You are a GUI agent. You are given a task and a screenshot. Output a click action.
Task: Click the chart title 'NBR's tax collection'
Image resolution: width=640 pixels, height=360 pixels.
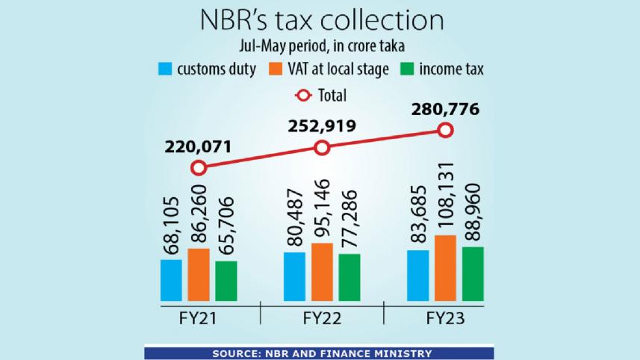point(320,19)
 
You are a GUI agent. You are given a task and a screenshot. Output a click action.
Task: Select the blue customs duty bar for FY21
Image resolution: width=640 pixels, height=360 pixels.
point(171,281)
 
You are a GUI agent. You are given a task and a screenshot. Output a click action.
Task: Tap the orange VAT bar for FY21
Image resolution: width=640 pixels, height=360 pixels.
point(199,276)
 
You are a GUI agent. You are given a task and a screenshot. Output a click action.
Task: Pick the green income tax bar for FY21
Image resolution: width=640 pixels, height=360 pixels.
point(226,282)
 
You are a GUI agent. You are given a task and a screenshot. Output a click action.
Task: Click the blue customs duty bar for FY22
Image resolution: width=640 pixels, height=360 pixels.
point(294,277)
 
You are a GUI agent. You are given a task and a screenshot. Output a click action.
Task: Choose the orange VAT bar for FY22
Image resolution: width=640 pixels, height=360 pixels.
point(322,273)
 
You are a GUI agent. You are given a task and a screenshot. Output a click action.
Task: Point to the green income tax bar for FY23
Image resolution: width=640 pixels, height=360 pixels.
point(473,274)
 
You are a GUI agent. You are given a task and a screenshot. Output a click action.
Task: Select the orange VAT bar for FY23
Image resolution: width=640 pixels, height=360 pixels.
point(446,269)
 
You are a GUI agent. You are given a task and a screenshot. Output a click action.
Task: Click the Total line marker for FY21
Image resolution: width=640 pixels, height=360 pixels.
point(198,168)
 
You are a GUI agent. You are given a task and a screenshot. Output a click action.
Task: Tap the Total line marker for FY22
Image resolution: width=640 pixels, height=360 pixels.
point(322,148)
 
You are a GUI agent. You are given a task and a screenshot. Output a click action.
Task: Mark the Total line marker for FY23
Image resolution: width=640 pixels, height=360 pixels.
point(445,131)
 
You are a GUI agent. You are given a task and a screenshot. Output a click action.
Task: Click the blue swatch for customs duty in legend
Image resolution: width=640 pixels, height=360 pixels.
point(166,71)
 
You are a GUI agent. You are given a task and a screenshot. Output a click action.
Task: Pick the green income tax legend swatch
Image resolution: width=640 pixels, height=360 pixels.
point(408,71)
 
